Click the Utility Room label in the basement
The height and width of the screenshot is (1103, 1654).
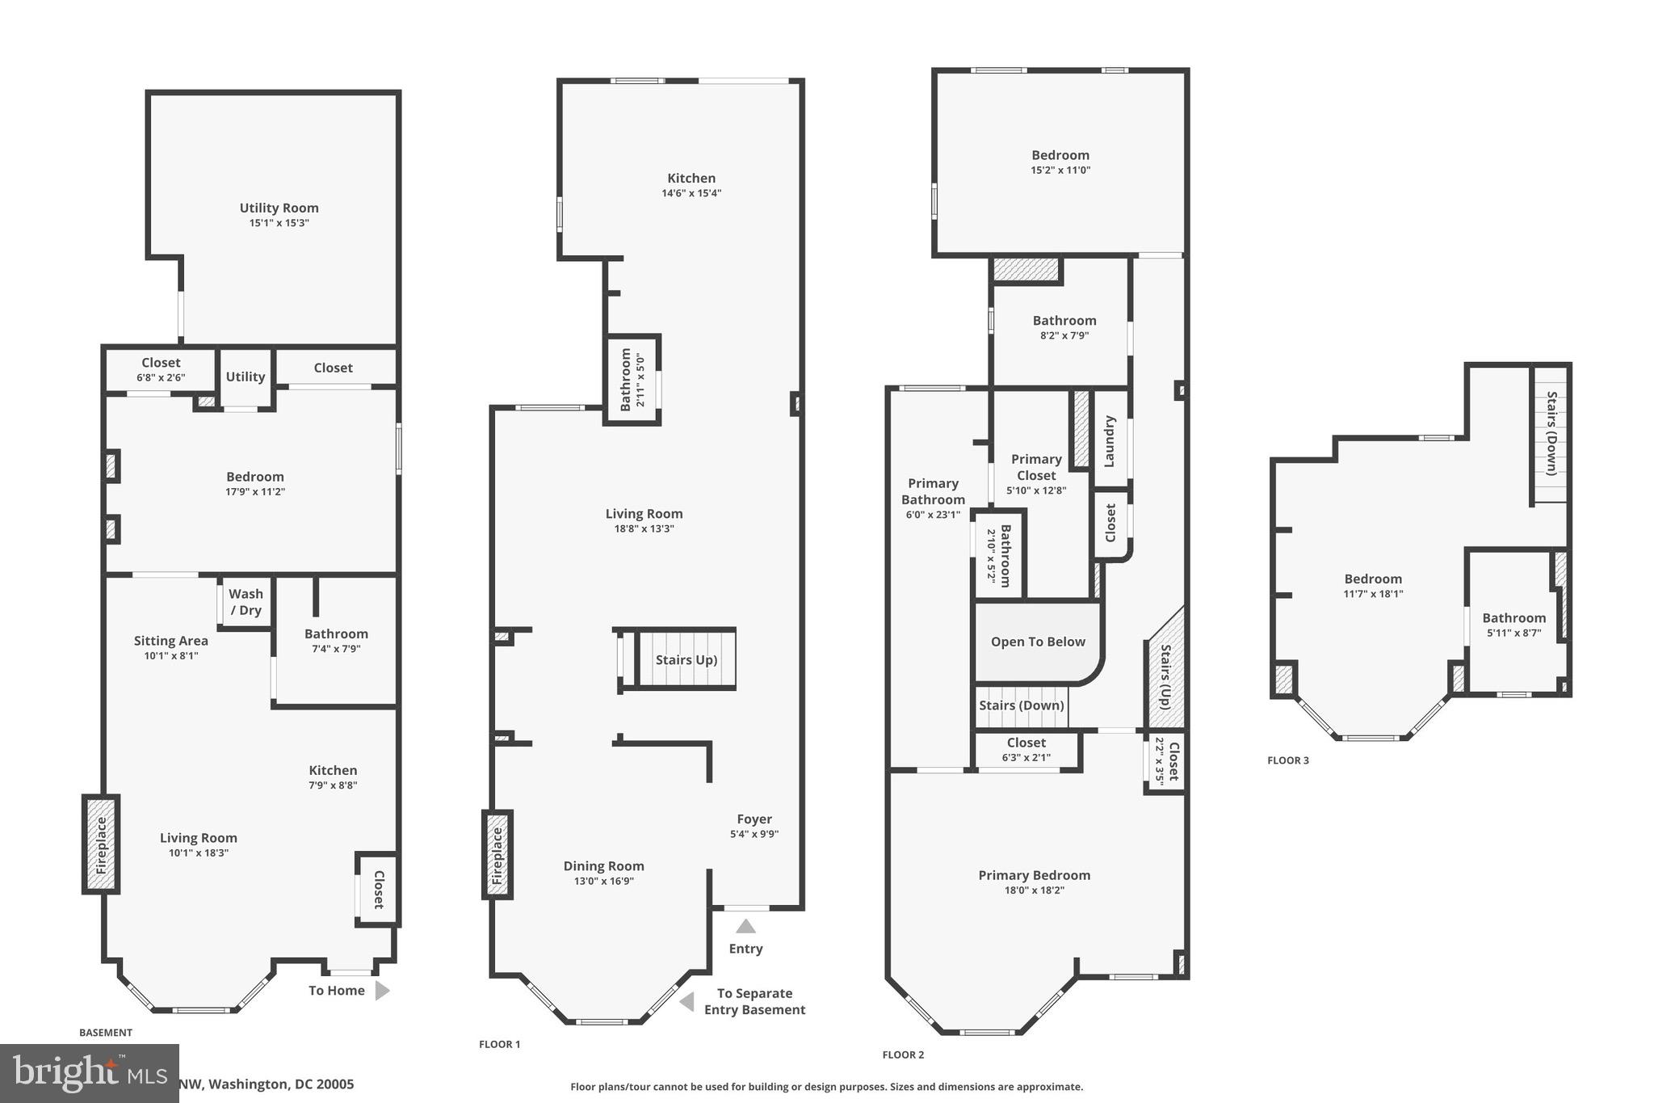point(279,208)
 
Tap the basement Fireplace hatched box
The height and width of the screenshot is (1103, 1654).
point(101,844)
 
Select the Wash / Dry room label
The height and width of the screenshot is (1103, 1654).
point(246,602)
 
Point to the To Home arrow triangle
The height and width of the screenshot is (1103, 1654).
point(382,991)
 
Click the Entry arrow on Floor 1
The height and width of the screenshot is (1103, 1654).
point(745,927)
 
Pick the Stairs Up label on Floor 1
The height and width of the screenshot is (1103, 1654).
point(686,659)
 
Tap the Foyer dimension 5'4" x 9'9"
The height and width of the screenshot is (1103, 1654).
point(754,834)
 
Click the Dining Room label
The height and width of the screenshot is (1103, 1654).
point(603,865)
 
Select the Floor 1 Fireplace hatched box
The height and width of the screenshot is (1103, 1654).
point(497,855)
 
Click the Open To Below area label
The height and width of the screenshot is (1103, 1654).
point(1038,642)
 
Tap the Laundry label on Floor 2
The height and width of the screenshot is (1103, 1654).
point(1110,441)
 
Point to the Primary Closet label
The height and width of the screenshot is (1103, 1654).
point(1036,467)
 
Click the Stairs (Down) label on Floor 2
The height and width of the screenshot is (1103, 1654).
point(1021,705)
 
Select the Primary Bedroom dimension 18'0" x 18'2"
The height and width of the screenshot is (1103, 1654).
point(1034,890)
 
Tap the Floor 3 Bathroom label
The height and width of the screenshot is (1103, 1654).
point(1513,617)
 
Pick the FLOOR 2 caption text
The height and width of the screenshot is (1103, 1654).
point(903,1055)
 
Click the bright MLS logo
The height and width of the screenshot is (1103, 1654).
point(89,1072)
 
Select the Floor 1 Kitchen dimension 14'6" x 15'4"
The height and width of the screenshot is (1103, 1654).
point(691,193)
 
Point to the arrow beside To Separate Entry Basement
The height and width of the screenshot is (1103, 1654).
point(686,1002)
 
